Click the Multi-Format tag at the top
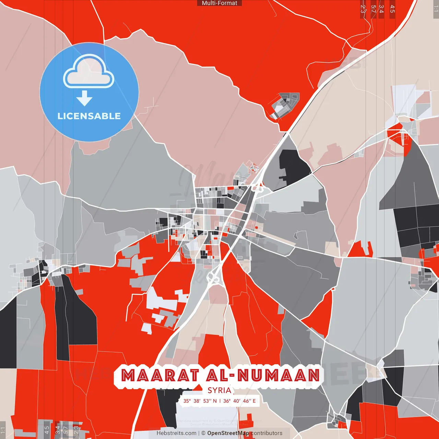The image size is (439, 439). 219,3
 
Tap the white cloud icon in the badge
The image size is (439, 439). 89,72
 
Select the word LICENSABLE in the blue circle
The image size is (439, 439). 89,116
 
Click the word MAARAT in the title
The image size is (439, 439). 160,376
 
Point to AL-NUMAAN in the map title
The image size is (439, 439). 263,376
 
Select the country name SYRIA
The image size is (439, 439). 219,390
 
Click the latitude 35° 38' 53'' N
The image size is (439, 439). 200,401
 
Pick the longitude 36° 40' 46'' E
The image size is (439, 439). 239,401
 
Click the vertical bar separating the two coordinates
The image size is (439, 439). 220,401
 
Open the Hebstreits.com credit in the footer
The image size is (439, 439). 176,433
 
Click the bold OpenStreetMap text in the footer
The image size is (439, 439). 228,433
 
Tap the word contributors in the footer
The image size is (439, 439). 266,433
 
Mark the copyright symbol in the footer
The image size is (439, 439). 203,433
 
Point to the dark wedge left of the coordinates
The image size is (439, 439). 168,405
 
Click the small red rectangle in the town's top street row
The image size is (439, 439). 231,188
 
